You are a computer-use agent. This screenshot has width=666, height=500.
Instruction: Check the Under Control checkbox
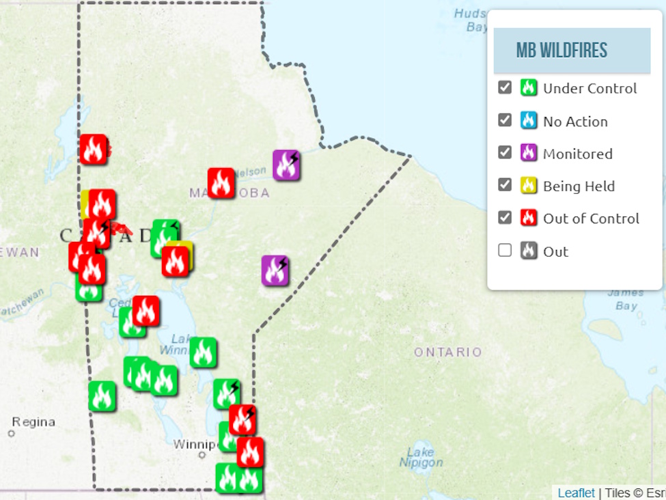505,87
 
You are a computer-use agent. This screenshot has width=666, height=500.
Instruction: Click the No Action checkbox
505,120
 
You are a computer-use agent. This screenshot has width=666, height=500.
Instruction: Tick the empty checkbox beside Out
505,250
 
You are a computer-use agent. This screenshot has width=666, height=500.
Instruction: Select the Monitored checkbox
505,152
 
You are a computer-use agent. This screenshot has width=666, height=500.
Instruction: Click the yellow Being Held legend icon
528,185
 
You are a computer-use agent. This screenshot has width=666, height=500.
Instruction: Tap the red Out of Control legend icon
528,218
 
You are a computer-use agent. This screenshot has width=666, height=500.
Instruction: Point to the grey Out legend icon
528,251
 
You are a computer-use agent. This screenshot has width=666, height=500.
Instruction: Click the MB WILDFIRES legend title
561,51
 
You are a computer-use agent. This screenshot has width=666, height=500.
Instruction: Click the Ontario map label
447,352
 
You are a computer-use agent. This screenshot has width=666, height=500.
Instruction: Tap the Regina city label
33,422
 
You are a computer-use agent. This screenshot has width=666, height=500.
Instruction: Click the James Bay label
625,299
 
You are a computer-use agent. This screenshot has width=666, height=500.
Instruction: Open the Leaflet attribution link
576,492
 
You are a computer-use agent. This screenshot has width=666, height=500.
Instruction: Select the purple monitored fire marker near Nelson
286,165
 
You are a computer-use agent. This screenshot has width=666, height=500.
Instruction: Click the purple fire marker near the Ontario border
275,270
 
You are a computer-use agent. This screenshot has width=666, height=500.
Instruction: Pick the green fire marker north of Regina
102,395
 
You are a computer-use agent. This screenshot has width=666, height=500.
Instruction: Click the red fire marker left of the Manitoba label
221,183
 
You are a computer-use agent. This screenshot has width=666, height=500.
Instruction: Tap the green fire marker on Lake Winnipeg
203,352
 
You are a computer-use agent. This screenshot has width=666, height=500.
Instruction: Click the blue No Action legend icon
528,120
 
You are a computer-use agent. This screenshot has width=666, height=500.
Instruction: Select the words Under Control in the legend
589,88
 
